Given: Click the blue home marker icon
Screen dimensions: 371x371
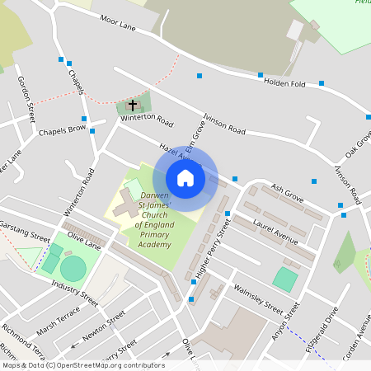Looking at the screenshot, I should click(x=185, y=178).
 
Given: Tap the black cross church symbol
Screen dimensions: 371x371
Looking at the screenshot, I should click(x=132, y=106).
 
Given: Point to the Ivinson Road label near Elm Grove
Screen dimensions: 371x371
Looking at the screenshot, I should click(x=225, y=125).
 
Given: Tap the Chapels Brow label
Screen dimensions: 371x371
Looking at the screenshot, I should click(x=62, y=130).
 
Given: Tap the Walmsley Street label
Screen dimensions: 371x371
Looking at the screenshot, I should click(x=257, y=298).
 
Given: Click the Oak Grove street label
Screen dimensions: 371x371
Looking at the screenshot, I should click(x=359, y=144).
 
